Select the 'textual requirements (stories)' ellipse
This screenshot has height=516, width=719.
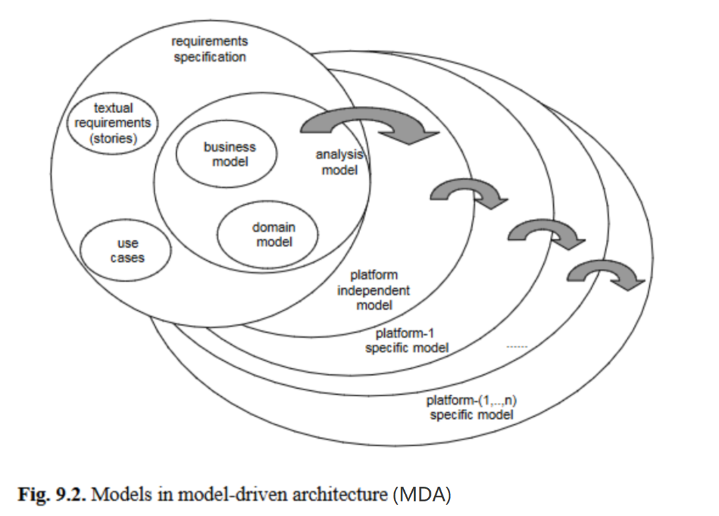coord(113,123)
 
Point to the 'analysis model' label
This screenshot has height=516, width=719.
coord(340,162)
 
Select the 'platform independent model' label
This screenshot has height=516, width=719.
coord(373,290)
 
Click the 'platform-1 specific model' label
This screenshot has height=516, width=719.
coord(406,340)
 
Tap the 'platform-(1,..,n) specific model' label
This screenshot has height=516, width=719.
coord(471,407)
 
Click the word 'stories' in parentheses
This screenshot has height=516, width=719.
coord(113,140)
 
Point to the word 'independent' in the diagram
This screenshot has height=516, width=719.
coord(373,290)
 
